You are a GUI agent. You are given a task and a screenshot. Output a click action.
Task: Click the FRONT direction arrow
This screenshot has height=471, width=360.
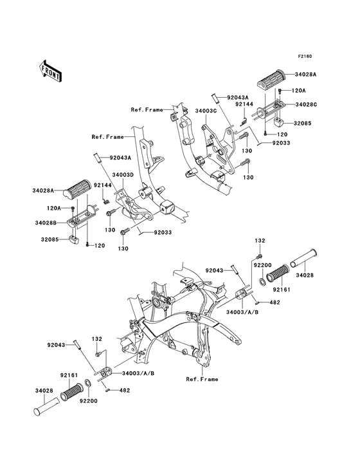pyautogui.click(x=50, y=71)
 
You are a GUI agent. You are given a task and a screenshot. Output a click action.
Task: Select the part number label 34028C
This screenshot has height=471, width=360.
pyautogui.click(x=306, y=104)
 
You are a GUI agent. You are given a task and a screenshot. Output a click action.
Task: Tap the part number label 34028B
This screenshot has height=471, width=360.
pyautogui.click(x=46, y=223)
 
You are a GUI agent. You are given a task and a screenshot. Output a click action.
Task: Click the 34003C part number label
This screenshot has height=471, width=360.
pyautogui.click(x=206, y=111)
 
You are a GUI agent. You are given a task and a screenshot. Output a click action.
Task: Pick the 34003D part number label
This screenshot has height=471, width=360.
pyautogui.click(x=123, y=175)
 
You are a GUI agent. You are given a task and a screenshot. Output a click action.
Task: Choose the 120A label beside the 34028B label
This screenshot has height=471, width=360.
pyautogui.click(x=53, y=208)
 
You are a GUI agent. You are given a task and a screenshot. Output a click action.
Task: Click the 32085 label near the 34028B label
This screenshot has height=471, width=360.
pyautogui.click(x=50, y=240)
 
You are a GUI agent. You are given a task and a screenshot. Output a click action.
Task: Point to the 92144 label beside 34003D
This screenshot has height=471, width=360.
pyautogui.click(x=102, y=185)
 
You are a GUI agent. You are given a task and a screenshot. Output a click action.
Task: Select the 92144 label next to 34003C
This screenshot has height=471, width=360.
pyautogui.click(x=244, y=104)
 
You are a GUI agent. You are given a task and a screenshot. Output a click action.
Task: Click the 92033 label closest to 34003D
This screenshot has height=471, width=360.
pyautogui.click(x=163, y=232)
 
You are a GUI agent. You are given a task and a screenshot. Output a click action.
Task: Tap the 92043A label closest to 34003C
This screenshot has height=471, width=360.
pyautogui.click(x=238, y=97)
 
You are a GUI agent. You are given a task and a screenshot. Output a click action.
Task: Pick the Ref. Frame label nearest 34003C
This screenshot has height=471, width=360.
pyautogui.click(x=147, y=110)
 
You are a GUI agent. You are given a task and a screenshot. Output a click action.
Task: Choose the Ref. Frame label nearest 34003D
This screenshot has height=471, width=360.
pyautogui.click(x=108, y=137)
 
